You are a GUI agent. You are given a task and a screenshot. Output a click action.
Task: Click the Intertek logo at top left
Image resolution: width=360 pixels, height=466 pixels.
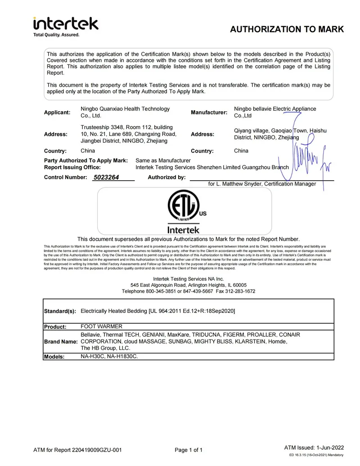click(x=66, y=23)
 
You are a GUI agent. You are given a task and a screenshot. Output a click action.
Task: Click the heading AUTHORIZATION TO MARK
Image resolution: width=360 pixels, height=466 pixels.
click(x=287, y=30)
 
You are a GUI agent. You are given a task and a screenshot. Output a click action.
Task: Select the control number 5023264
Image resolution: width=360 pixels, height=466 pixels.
click(x=106, y=177)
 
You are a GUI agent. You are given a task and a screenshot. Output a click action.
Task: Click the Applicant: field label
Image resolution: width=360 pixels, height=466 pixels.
click(x=57, y=112)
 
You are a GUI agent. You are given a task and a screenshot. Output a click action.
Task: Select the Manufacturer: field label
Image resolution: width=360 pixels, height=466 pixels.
click(x=209, y=112)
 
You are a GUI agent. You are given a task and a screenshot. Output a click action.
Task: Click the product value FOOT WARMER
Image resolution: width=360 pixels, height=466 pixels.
click(x=101, y=326)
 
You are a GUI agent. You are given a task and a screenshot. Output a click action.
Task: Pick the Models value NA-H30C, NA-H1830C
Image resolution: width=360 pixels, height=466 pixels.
click(x=109, y=356)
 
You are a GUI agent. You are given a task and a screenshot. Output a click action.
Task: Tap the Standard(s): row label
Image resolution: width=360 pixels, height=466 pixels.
click(x=60, y=312)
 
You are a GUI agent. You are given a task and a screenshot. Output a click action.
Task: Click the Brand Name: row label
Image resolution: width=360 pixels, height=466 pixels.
click(x=60, y=342)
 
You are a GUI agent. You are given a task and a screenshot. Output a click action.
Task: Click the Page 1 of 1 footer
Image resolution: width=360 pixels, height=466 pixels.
click(x=189, y=450)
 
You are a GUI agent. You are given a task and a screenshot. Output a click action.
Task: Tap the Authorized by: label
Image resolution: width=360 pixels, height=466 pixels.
click(x=166, y=177)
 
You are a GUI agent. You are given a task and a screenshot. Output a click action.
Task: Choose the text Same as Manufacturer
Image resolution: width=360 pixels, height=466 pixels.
click(x=163, y=160)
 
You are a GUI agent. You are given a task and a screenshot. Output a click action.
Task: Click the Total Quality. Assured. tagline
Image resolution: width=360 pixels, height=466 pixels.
click(x=56, y=35)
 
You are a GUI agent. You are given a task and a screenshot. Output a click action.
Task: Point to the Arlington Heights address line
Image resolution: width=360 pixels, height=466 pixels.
click(x=189, y=285)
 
